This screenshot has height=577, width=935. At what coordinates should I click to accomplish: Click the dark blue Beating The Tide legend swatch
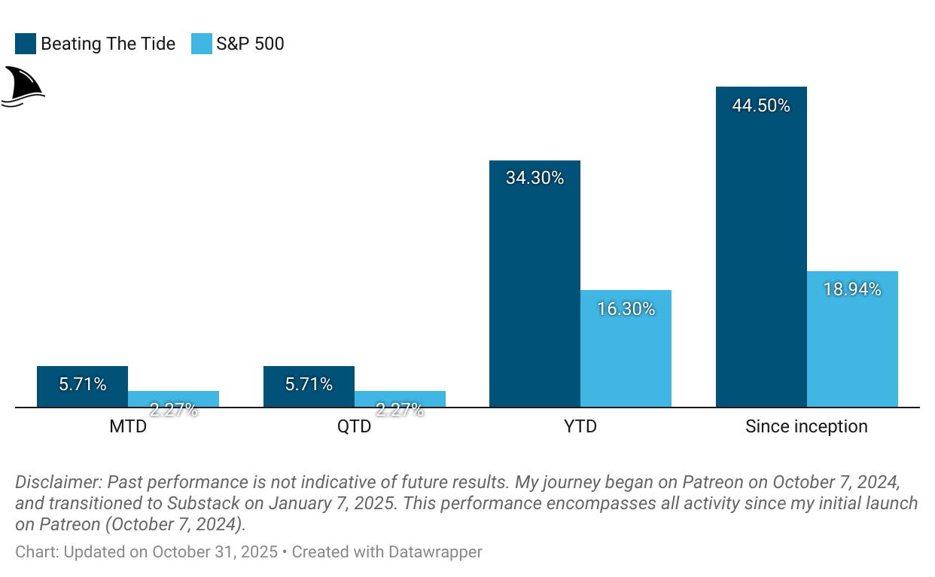tap(26, 44)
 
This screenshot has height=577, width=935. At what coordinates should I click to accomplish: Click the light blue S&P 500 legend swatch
tap(201, 44)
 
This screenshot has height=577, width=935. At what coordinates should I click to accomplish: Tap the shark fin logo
tap(23, 85)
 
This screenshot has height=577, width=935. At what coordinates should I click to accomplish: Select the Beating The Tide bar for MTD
tap(82, 387)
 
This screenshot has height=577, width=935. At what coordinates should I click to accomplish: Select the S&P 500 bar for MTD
tap(173, 399)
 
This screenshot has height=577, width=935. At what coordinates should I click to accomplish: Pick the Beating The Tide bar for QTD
tap(309, 387)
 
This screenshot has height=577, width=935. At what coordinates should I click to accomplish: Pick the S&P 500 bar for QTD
tap(400, 399)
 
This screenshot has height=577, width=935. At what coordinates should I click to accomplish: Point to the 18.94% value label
tap(852, 289)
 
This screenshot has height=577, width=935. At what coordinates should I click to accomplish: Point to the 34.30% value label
tap(535, 179)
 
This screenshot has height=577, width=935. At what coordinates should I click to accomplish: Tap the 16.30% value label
tap(626, 309)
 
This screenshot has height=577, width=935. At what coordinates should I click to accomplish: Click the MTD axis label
tap(128, 427)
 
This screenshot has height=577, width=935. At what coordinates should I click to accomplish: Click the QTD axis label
tap(354, 427)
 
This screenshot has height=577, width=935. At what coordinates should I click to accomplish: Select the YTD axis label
tap(580, 427)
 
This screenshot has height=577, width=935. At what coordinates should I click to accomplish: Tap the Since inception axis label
tap(806, 427)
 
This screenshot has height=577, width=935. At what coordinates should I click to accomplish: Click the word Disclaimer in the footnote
tap(58, 482)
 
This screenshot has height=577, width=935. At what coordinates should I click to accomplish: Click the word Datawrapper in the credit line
tap(435, 552)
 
